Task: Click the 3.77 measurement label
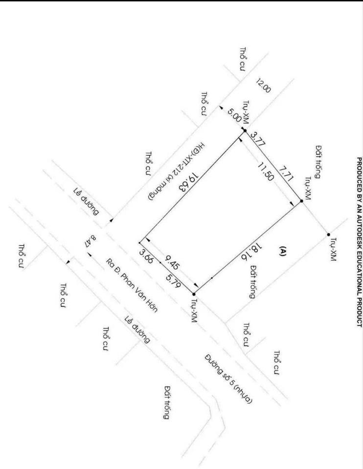click(258, 139)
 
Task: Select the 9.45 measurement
click(172, 262)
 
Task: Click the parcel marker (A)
click(282, 251)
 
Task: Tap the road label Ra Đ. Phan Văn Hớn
click(132, 285)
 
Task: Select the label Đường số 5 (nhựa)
click(228, 379)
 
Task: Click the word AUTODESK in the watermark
click(359, 230)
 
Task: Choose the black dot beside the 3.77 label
click(245, 131)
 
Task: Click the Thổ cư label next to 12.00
click(243, 59)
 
